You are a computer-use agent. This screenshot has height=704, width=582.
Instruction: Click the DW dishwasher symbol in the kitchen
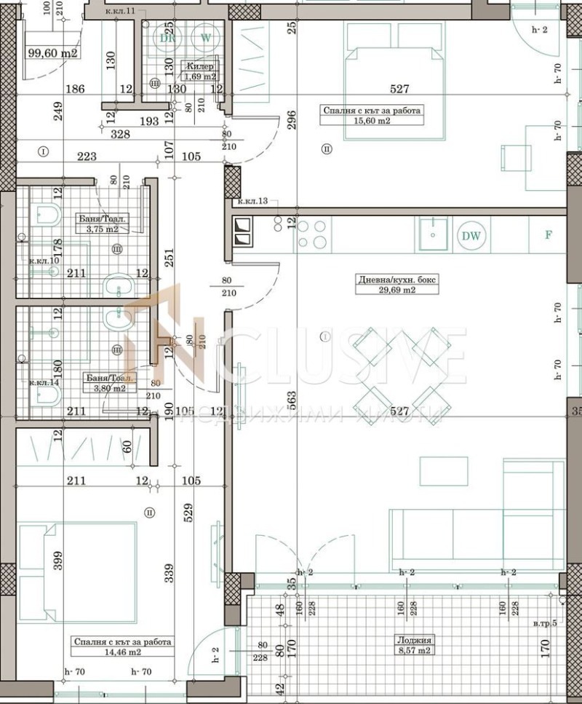coord(472,235)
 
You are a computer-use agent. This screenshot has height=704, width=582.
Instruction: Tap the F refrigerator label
coord(549,235)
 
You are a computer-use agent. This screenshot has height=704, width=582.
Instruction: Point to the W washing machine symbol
coord(206,36)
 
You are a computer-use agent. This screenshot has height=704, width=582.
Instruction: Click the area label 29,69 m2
coord(386,289)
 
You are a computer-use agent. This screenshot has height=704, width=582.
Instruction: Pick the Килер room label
coord(199,66)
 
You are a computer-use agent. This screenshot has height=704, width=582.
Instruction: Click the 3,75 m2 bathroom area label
coord(101,228)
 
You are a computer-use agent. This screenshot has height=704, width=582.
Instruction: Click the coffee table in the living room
coord(443,471)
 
